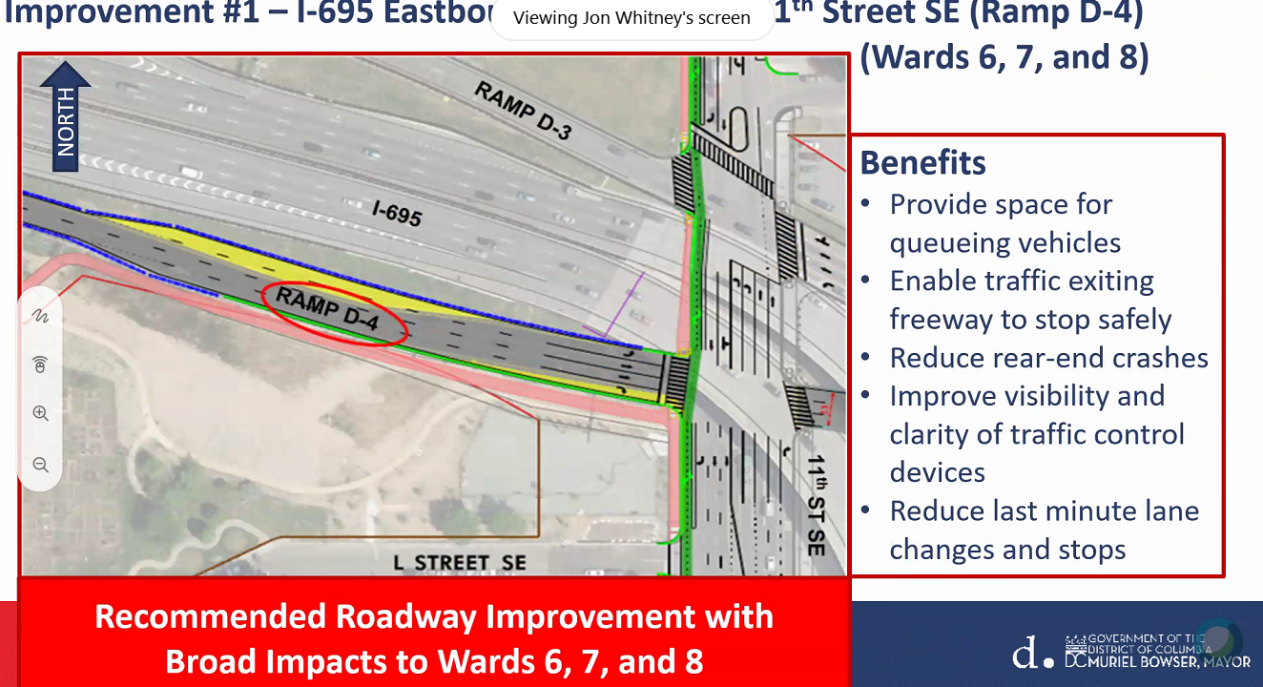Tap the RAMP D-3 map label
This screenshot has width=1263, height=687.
pos(524,111)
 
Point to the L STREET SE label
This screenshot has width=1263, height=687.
pos(459,562)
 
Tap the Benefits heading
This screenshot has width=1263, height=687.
pos(922,162)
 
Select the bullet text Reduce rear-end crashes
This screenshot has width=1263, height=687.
pos(1048,358)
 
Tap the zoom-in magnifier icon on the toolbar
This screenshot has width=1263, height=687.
pos(40,414)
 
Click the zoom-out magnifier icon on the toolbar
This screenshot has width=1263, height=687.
pos(40,465)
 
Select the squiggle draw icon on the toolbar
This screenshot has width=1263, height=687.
pos(40,314)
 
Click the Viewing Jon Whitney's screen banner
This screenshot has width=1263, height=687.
pos(631,18)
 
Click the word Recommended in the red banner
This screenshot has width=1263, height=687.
pos(210,616)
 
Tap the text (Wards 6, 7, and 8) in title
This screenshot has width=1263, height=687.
pos(1004,57)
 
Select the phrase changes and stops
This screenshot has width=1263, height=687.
pos(1007,550)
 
